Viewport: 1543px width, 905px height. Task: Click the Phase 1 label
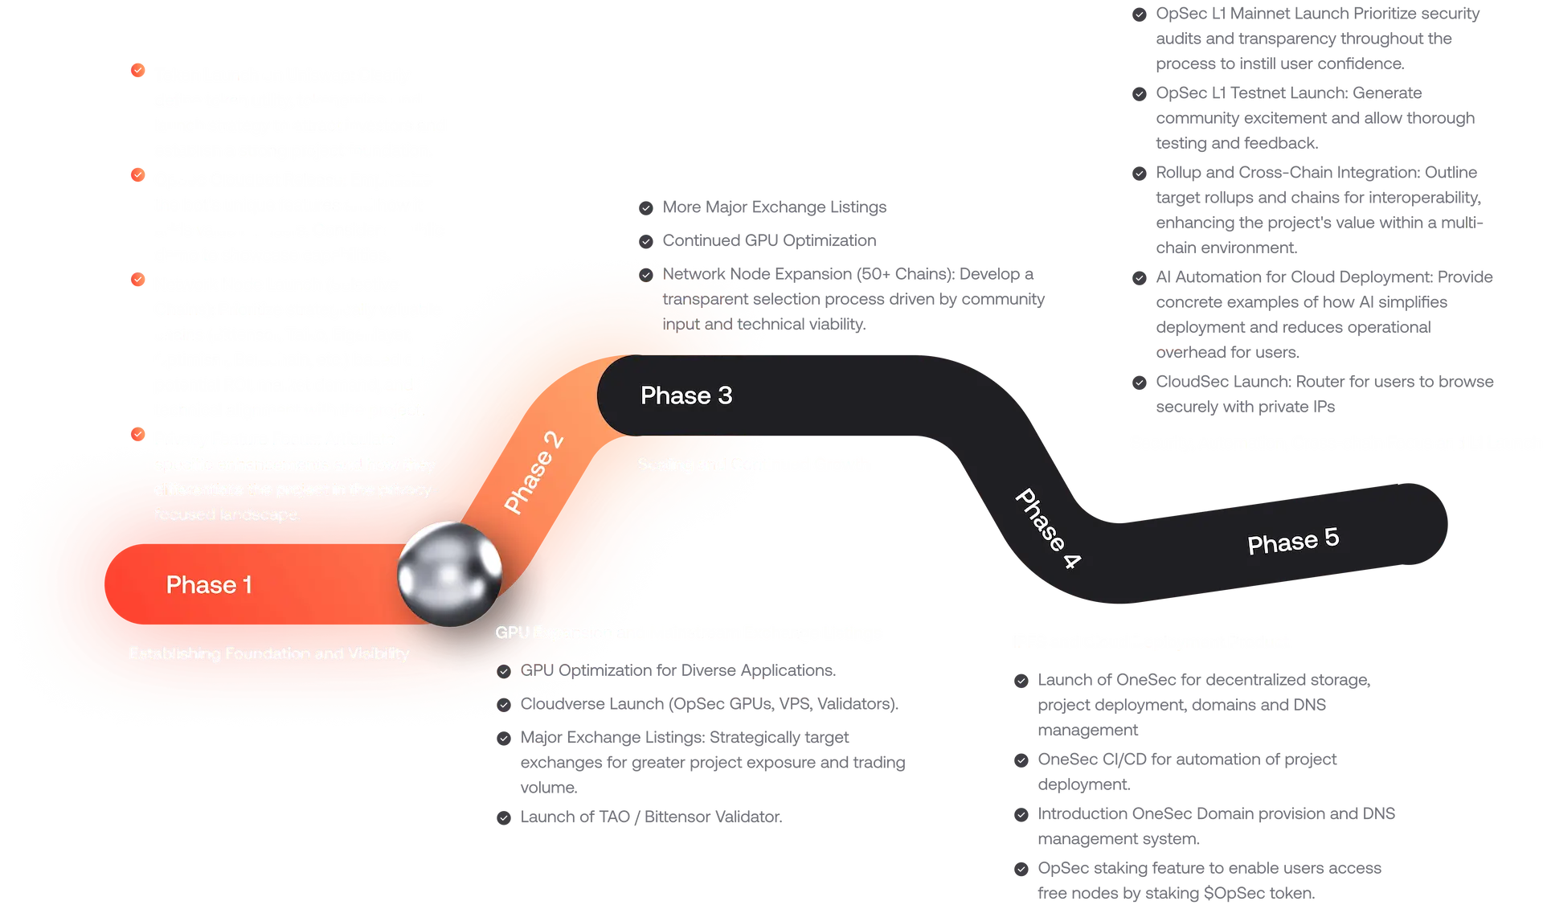(209, 584)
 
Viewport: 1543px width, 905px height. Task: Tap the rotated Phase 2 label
(533, 473)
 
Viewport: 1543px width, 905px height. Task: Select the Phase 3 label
(686, 395)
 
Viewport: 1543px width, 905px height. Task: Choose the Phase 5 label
(1293, 540)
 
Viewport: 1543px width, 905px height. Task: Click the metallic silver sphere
(450, 573)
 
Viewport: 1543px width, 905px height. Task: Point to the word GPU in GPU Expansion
(512, 633)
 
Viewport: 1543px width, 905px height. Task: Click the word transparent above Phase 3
(704, 299)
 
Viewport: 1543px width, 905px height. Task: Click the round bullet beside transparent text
(646, 275)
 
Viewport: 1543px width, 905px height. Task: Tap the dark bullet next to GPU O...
(504, 671)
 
